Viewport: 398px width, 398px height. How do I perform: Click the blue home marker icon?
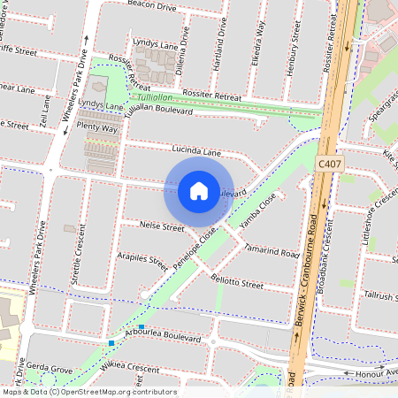click(x=199, y=191)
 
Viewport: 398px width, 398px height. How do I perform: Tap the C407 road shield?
click(x=329, y=164)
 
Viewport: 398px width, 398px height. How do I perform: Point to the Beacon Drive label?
click(x=152, y=4)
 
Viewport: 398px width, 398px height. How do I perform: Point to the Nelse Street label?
click(x=162, y=227)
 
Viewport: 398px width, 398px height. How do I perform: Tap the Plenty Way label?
click(x=97, y=128)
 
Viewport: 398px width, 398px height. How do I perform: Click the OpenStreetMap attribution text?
click(x=88, y=392)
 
